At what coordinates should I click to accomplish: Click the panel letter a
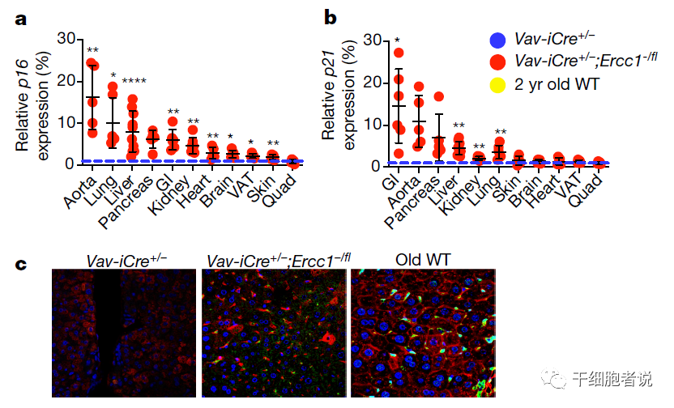[24, 16]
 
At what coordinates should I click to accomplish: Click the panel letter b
[331, 16]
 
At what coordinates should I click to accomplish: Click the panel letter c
[23, 265]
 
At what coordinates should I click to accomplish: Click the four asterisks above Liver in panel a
[134, 80]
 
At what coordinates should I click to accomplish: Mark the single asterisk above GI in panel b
[397, 40]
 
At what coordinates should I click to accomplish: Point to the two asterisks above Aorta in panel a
[93, 50]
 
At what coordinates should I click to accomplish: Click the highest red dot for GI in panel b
[398, 53]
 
